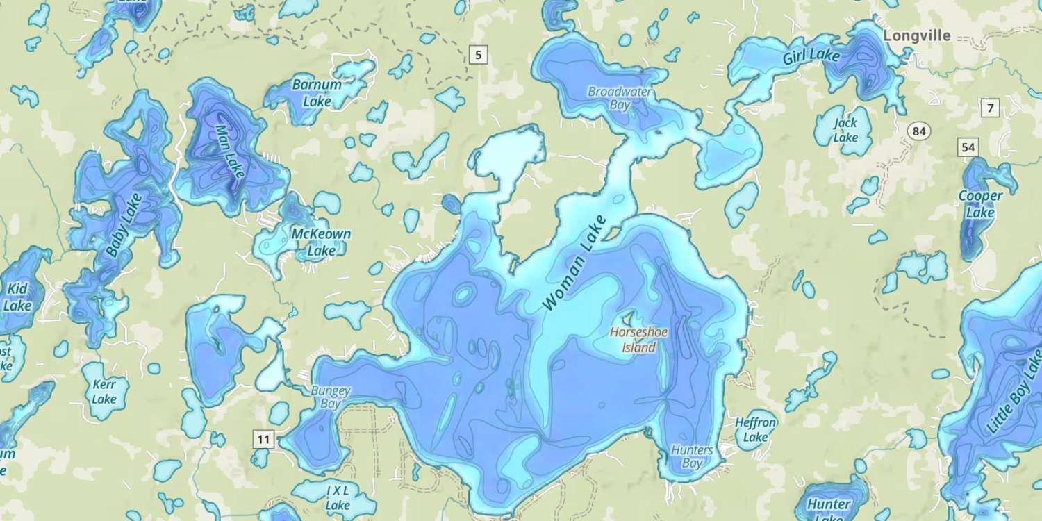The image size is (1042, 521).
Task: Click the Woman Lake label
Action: [x=574, y=263]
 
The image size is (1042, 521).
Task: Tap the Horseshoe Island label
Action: [x=638, y=340]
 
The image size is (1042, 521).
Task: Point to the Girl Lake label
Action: [x=811, y=55]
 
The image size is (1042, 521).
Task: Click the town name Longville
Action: [x=916, y=36]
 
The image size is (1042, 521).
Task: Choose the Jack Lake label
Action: [x=845, y=130]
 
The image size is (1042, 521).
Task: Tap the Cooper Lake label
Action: [x=980, y=204]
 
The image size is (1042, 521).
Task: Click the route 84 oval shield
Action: [x=920, y=131]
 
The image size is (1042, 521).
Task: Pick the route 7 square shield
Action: [x=989, y=108]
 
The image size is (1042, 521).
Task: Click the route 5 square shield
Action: [x=478, y=53]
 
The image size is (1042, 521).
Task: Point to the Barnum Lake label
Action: [x=317, y=93]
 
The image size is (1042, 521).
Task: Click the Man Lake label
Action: [x=230, y=151]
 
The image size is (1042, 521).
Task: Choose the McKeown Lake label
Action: [x=320, y=242]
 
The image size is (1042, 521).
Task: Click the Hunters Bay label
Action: [x=692, y=456]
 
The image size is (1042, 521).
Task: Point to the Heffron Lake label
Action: [x=756, y=429]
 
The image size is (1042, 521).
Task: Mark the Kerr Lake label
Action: [x=104, y=391]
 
